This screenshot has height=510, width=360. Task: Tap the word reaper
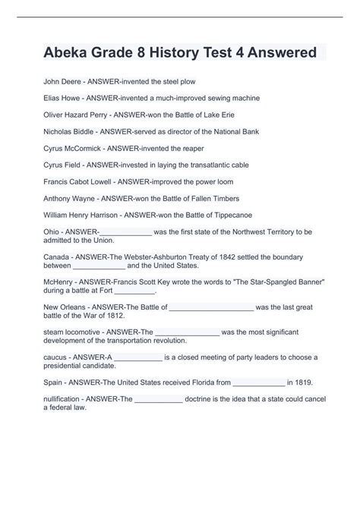coord(193,148)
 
